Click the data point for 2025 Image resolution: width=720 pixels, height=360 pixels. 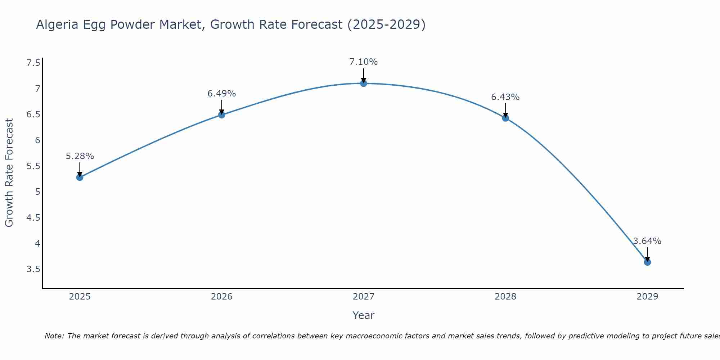80,177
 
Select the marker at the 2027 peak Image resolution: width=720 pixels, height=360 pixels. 364,84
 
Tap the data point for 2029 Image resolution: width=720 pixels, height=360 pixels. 647,262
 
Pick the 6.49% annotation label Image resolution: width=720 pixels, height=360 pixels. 222,94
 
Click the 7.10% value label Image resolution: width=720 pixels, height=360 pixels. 364,62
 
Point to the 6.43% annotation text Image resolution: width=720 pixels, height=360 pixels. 505,97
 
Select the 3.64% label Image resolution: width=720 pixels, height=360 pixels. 647,241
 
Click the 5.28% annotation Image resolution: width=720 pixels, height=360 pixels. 80,156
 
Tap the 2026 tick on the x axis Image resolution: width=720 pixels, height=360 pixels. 222,297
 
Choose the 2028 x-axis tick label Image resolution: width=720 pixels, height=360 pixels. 505,297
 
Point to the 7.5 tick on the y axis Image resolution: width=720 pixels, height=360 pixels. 33,63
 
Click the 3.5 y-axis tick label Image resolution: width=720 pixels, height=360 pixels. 33,269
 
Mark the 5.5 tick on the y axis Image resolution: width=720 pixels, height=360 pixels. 33,166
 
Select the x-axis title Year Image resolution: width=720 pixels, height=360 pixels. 364,315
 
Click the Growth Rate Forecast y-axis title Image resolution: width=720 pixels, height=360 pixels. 9,173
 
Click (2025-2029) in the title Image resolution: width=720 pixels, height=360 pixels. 386,24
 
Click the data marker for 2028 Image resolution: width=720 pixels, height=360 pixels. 505,118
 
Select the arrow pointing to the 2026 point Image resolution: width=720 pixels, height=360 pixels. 222,107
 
